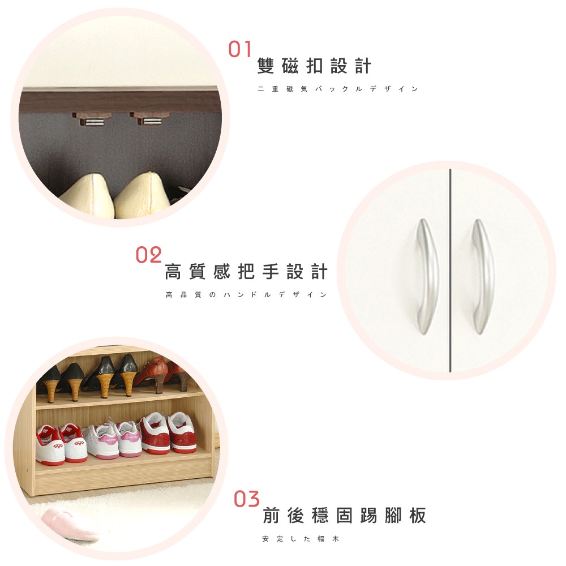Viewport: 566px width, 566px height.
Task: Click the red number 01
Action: (239, 49)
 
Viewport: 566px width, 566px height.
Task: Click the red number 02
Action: (149, 255)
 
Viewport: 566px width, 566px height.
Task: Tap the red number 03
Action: (247, 499)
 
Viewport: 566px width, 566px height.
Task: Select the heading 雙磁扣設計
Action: (314, 66)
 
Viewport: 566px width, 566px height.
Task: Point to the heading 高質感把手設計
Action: (246, 272)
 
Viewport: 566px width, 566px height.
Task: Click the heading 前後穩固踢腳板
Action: (344, 515)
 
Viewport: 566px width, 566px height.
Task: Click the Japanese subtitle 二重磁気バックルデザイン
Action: (338, 89)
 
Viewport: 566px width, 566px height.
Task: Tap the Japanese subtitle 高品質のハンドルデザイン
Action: (246, 294)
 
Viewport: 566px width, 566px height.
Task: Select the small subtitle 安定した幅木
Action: (301, 539)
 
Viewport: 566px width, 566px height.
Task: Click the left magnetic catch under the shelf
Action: (93, 119)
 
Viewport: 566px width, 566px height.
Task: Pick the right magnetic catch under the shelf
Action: (150, 118)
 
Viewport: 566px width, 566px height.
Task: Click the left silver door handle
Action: (428, 276)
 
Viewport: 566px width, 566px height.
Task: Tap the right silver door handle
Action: (483, 276)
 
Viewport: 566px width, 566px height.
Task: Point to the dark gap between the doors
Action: (450, 270)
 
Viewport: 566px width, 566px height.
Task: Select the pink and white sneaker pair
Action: (112, 439)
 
